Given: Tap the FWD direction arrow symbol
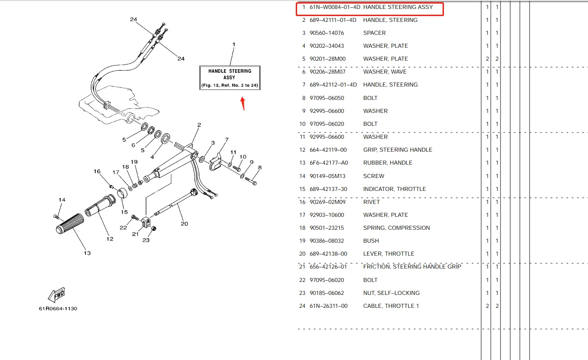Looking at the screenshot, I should [57, 295].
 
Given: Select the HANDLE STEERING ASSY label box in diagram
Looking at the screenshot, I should [229, 78].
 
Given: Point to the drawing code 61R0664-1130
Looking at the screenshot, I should [58, 308].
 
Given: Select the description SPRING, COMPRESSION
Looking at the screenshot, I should [396, 228].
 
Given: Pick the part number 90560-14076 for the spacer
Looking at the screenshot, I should [327, 33].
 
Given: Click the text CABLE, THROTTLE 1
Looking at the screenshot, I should [391, 306].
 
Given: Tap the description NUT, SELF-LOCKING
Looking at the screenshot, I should [391, 293].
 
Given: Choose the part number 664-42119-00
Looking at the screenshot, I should [328, 150].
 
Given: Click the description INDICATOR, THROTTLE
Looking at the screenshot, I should [394, 189].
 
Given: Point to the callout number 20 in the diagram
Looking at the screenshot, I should [184, 223].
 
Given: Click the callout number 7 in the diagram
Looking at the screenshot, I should [227, 140].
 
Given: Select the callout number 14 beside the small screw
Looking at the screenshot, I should [62, 200].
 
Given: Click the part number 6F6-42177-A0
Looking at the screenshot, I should [328, 163].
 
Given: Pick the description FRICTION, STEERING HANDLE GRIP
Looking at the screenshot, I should [412, 267].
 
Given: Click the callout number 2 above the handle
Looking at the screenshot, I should [199, 125].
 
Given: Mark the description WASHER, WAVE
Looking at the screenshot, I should [385, 72].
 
